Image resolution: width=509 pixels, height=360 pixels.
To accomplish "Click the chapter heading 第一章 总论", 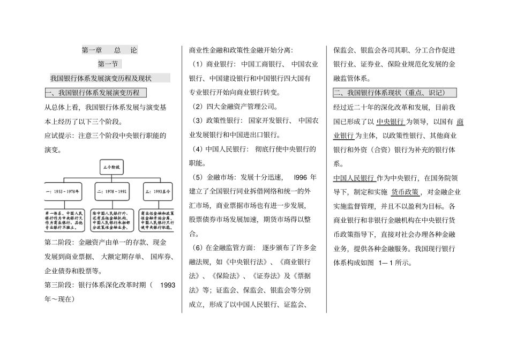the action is tap(109, 50).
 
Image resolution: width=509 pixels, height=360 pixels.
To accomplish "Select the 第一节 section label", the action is tap(109, 64).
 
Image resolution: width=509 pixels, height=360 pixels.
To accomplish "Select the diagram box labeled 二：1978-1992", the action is tap(111, 191).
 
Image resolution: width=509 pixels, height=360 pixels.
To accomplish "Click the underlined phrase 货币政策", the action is tap(405, 192).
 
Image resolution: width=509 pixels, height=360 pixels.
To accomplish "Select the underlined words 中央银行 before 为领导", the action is tap(390, 122).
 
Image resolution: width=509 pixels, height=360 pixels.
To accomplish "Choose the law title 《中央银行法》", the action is tap(238, 262).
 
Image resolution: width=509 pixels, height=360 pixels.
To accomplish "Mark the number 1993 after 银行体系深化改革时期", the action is tap(168, 285).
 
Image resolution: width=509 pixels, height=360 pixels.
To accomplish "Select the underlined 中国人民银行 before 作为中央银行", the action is tap(354, 178).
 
